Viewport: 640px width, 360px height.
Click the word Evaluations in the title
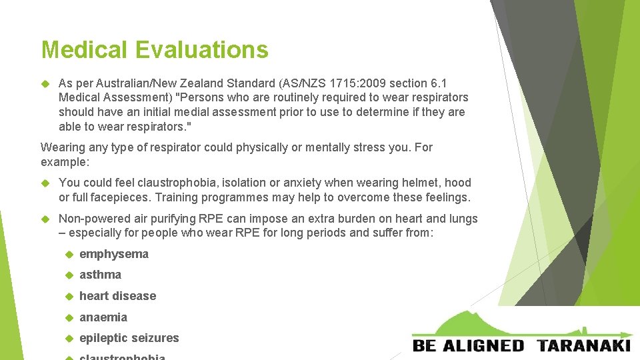[202, 49]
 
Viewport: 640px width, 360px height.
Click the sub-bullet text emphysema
[114, 254]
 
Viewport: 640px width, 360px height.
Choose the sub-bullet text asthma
[100, 275]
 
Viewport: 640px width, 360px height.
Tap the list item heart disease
[117, 296]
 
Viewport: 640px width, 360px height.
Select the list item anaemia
[103, 317]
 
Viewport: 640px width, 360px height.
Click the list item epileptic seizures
[129, 338]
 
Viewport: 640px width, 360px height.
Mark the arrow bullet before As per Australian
[46, 83]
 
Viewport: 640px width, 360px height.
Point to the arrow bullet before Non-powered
[46, 219]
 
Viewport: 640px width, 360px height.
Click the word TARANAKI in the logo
[583, 345]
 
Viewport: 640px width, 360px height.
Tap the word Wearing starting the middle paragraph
[64, 147]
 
